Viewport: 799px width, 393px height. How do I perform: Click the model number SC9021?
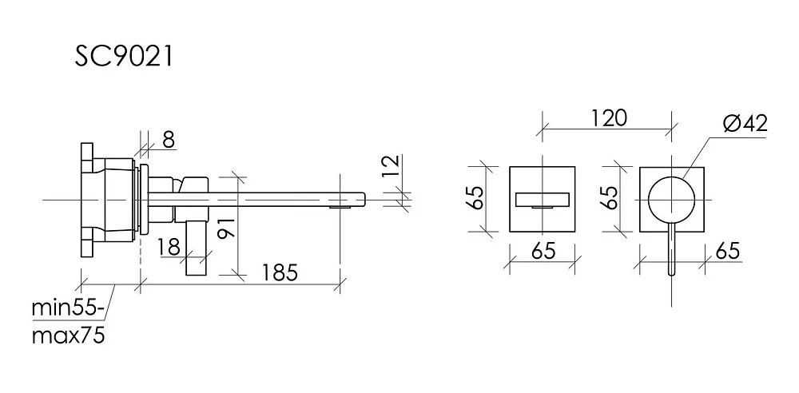(124, 57)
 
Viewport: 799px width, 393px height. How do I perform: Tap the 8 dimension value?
(169, 139)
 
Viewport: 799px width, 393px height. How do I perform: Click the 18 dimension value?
(169, 247)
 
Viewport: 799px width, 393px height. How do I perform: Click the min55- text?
(68, 308)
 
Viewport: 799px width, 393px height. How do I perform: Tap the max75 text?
(68, 336)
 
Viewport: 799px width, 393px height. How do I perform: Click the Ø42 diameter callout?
(745, 124)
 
